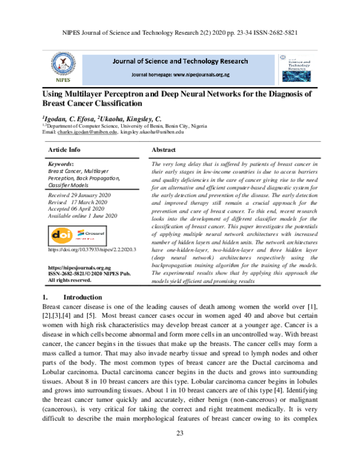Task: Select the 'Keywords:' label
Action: coord(61,163)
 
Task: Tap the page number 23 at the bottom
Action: coord(179,451)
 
